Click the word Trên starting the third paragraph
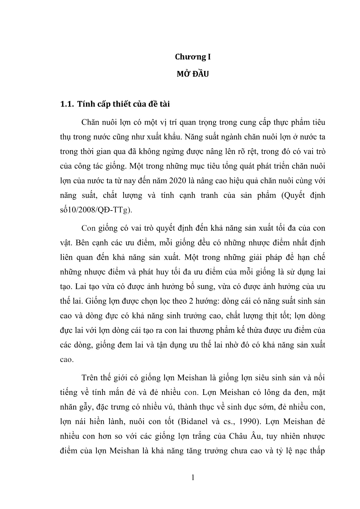90,378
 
